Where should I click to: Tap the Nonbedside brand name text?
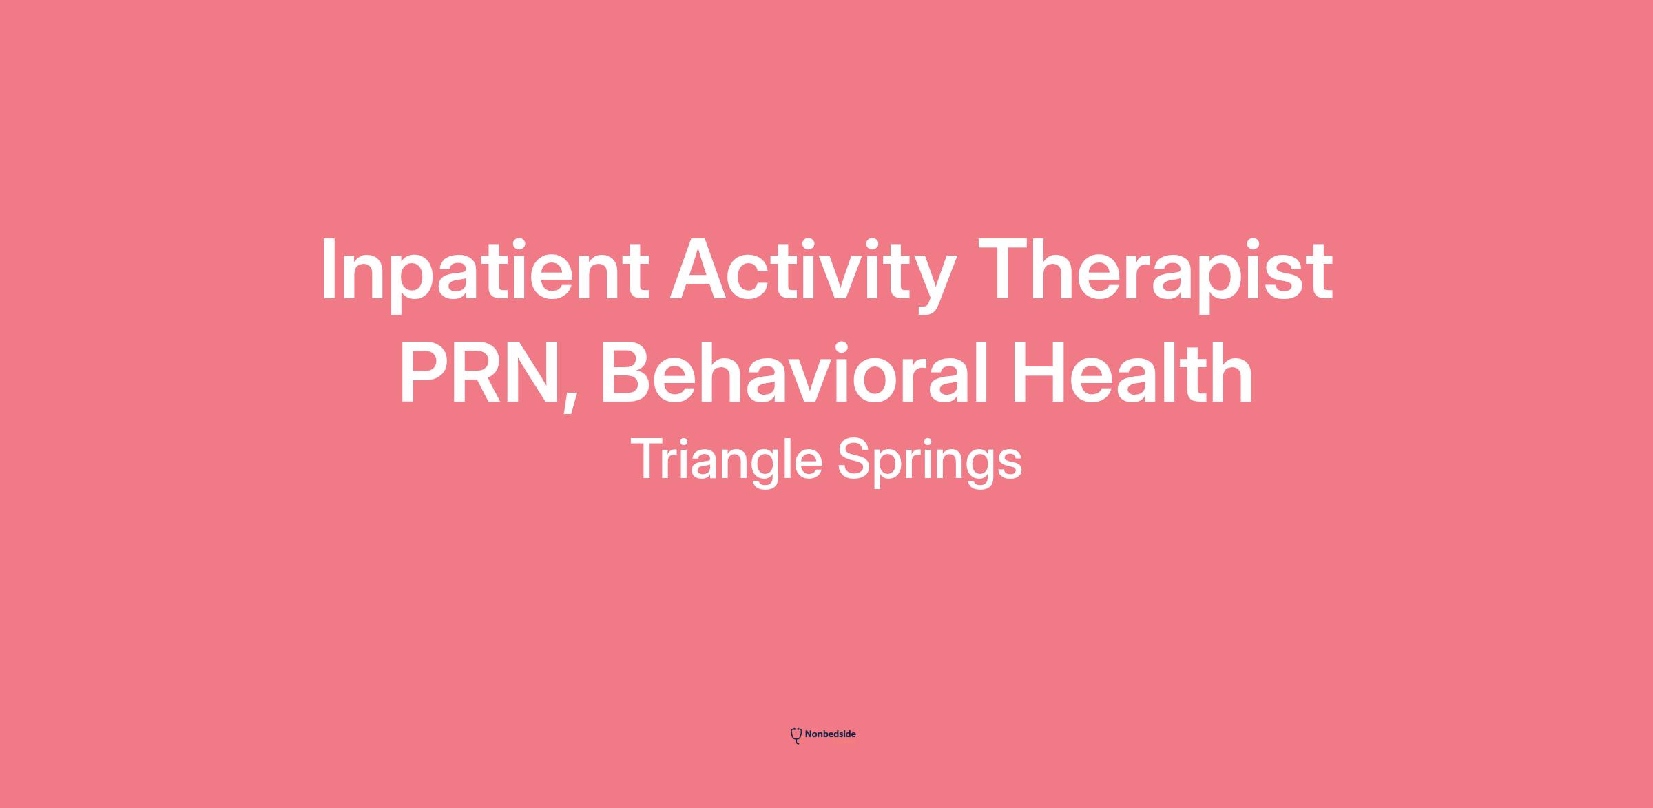pyautogui.click(x=830, y=734)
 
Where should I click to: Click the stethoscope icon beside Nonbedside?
pyautogui.click(x=796, y=736)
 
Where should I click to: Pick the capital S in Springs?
pyautogui.click(x=857, y=460)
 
